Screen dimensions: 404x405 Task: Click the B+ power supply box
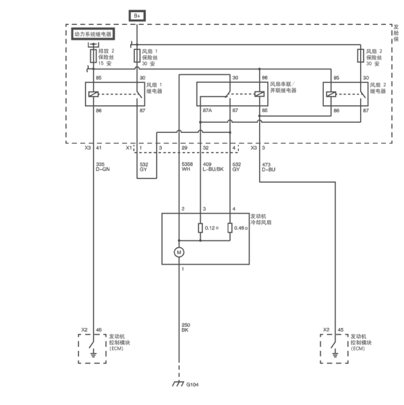(x=137, y=16)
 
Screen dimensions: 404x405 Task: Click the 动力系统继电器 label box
(x=93, y=34)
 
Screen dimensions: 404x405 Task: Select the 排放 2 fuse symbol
(x=93, y=56)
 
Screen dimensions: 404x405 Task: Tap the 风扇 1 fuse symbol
(x=137, y=56)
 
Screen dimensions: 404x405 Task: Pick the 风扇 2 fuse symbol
(x=361, y=56)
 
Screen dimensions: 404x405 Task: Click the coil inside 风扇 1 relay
(x=94, y=94)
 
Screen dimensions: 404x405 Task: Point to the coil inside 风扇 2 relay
(x=331, y=94)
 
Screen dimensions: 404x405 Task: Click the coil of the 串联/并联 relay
(x=259, y=94)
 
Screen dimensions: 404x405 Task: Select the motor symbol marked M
(x=179, y=252)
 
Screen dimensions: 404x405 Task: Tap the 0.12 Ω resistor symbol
(x=200, y=228)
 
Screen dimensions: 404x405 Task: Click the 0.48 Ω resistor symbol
(x=230, y=228)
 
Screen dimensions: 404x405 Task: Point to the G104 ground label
(x=192, y=385)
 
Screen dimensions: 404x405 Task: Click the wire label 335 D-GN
(x=103, y=167)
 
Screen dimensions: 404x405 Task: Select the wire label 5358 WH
(x=187, y=167)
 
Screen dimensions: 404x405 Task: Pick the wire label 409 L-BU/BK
(x=213, y=167)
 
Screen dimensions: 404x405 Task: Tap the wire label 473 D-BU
(x=268, y=167)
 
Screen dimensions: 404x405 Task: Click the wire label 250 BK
(x=185, y=327)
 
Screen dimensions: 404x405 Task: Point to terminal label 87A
(x=207, y=111)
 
